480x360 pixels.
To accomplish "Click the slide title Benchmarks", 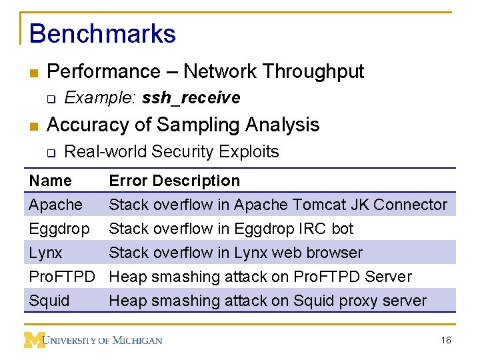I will [x=103, y=34].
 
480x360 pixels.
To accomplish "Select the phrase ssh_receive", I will [x=191, y=98].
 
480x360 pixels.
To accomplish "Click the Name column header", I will [x=51, y=181].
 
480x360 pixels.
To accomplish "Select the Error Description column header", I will [x=174, y=181].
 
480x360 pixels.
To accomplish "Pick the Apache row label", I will [x=56, y=205].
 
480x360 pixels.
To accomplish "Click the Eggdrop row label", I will [x=59, y=229].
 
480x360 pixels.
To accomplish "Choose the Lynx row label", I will [x=45, y=253].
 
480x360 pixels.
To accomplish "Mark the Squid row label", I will [x=49, y=301].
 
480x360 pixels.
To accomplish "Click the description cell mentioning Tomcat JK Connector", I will [x=278, y=205].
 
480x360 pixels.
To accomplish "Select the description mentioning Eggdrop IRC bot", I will [x=231, y=229].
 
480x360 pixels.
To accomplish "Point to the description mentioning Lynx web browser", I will [x=235, y=253].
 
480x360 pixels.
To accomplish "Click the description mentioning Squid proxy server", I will [x=267, y=301].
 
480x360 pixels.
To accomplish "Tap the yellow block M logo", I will [x=34, y=340].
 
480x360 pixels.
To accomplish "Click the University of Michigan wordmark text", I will [x=103, y=341].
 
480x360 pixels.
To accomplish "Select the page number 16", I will [x=446, y=341].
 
